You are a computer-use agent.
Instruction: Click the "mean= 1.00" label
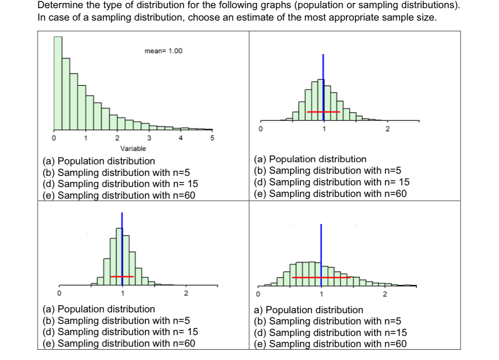coord(163,51)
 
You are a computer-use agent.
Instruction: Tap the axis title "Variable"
coord(133,148)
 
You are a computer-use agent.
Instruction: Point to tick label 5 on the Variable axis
coord(211,138)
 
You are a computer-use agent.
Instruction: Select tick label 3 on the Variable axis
coord(149,138)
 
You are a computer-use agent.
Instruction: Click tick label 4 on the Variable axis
coord(180,138)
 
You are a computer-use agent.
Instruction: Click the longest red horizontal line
coord(321,278)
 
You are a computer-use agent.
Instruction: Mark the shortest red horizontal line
coord(122,277)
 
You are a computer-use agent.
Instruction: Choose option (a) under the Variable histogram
coord(99,161)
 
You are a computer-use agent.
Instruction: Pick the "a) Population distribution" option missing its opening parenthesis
coord(308,310)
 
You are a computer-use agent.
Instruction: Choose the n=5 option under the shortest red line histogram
coord(116,321)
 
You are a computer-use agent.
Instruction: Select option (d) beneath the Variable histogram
coord(120,185)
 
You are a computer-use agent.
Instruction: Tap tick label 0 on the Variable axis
coord(54,138)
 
